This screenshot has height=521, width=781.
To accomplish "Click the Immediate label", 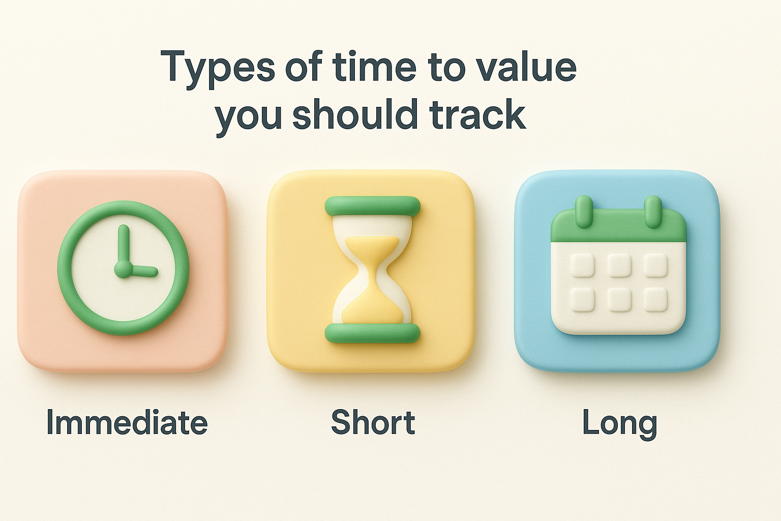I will [x=127, y=423].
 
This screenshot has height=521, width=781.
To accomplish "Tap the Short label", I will [x=373, y=423].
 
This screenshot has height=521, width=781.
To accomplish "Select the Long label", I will [x=619, y=423].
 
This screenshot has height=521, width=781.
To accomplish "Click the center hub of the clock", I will [x=123, y=269].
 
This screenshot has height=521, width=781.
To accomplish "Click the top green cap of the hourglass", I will [x=373, y=206].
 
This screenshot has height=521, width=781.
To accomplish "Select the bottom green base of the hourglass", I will [x=373, y=333].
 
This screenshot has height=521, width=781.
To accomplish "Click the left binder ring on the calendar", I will [x=584, y=211].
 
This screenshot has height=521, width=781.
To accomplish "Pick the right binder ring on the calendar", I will [x=653, y=211].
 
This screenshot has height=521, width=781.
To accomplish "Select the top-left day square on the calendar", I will [x=582, y=265].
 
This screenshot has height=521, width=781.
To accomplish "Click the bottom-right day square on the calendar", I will [x=656, y=300].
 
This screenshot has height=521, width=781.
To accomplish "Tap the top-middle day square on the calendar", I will [x=619, y=265].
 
